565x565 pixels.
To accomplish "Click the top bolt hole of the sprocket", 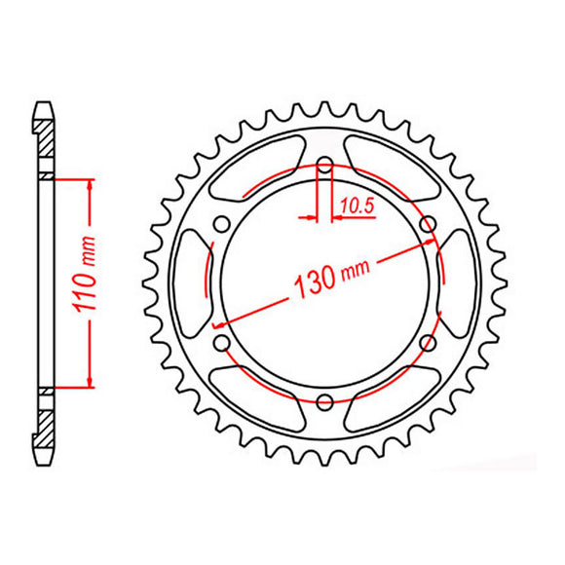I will click(x=323, y=163).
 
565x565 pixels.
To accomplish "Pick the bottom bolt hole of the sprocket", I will click(x=323, y=399).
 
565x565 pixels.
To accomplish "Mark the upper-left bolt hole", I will click(x=221, y=223).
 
